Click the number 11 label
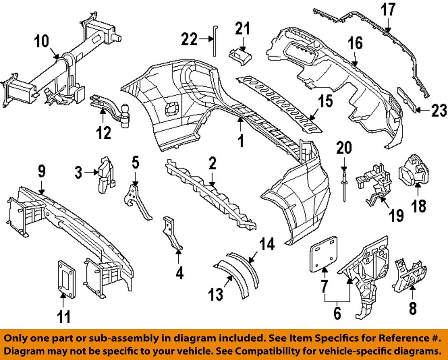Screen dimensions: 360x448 tap(64, 317)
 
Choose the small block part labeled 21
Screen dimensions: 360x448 tap(241, 58)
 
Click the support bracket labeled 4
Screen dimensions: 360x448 tap(172, 233)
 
